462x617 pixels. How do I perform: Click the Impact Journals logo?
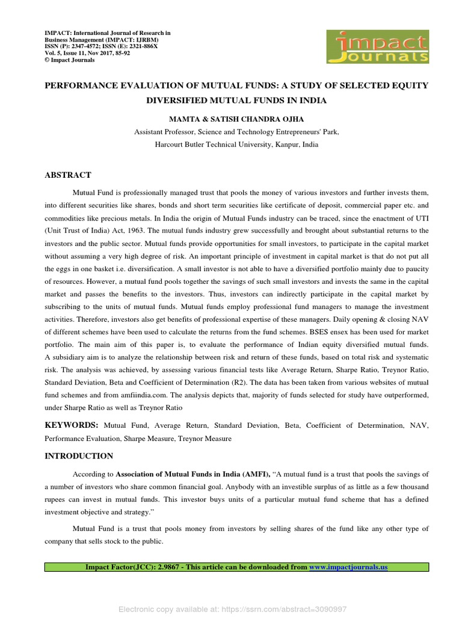[x=377, y=46]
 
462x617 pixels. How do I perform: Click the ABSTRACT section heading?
[x=68, y=175]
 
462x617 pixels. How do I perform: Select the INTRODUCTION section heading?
[x=79, y=456]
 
